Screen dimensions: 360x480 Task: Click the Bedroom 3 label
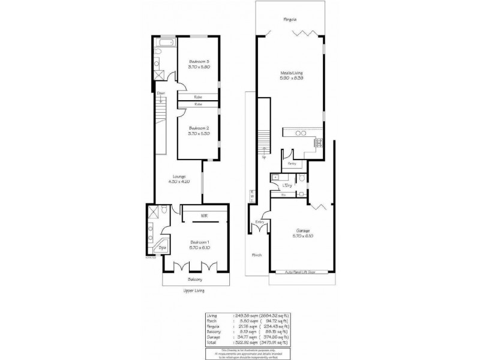point(199,61)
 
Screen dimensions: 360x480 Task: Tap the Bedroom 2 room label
point(199,128)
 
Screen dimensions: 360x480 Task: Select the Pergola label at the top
point(290,20)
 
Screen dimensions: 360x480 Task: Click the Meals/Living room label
point(290,74)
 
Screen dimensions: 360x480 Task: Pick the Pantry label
point(292,163)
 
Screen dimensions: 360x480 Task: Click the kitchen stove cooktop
point(319,143)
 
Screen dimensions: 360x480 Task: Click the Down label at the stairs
point(161,94)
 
